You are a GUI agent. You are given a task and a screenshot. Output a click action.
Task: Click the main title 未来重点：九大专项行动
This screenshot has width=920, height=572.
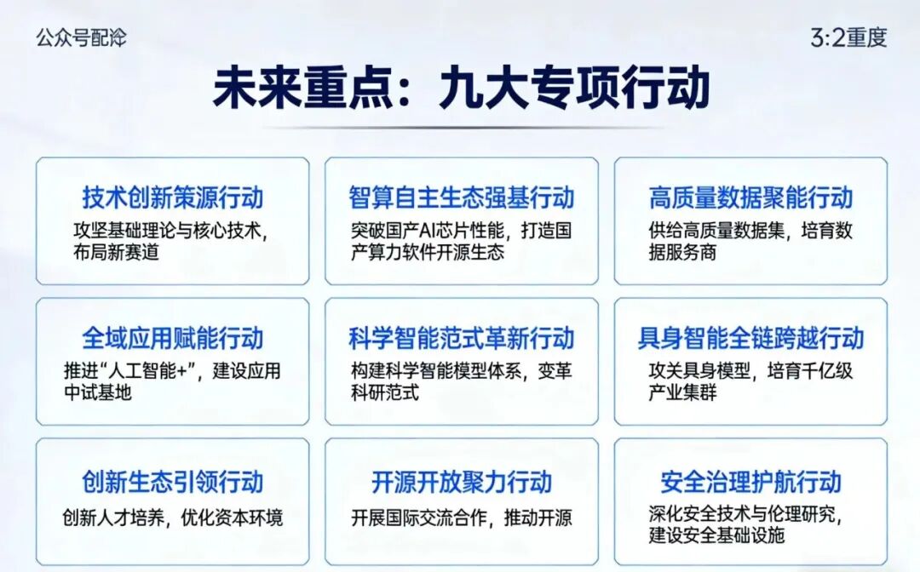point(461,89)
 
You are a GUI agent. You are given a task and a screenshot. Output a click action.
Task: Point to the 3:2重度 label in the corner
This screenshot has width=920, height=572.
point(848,38)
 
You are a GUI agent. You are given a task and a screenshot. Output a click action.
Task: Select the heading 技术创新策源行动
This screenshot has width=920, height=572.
point(172,197)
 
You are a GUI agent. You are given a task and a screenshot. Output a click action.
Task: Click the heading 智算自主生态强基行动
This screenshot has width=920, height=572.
point(461,197)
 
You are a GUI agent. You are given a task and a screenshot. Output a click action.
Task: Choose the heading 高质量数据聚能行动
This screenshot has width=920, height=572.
point(750,197)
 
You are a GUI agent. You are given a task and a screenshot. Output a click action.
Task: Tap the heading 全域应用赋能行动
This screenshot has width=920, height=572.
point(172,338)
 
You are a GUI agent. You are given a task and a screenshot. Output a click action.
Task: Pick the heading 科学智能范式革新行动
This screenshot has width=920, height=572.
point(461,338)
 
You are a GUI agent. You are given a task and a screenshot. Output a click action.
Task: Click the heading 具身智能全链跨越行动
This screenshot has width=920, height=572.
point(750,338)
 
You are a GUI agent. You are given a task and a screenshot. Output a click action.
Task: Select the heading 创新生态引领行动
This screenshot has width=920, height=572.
point(172,482)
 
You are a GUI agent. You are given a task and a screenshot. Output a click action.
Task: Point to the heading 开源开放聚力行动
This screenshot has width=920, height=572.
point(461,482)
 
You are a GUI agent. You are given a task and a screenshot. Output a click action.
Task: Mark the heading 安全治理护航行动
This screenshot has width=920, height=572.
point(750,482)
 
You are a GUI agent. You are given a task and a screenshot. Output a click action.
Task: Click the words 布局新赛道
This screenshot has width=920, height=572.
point(116,252)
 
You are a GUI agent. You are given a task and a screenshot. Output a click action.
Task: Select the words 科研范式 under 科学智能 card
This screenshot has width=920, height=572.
point(385,392)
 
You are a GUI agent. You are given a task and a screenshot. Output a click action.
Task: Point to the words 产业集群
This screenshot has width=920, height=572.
point(682,392)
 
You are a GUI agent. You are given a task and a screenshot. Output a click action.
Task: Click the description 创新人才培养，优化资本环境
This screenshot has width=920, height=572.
point(172,518)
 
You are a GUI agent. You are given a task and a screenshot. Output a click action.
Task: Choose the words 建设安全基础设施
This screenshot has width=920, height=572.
point(716,535)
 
